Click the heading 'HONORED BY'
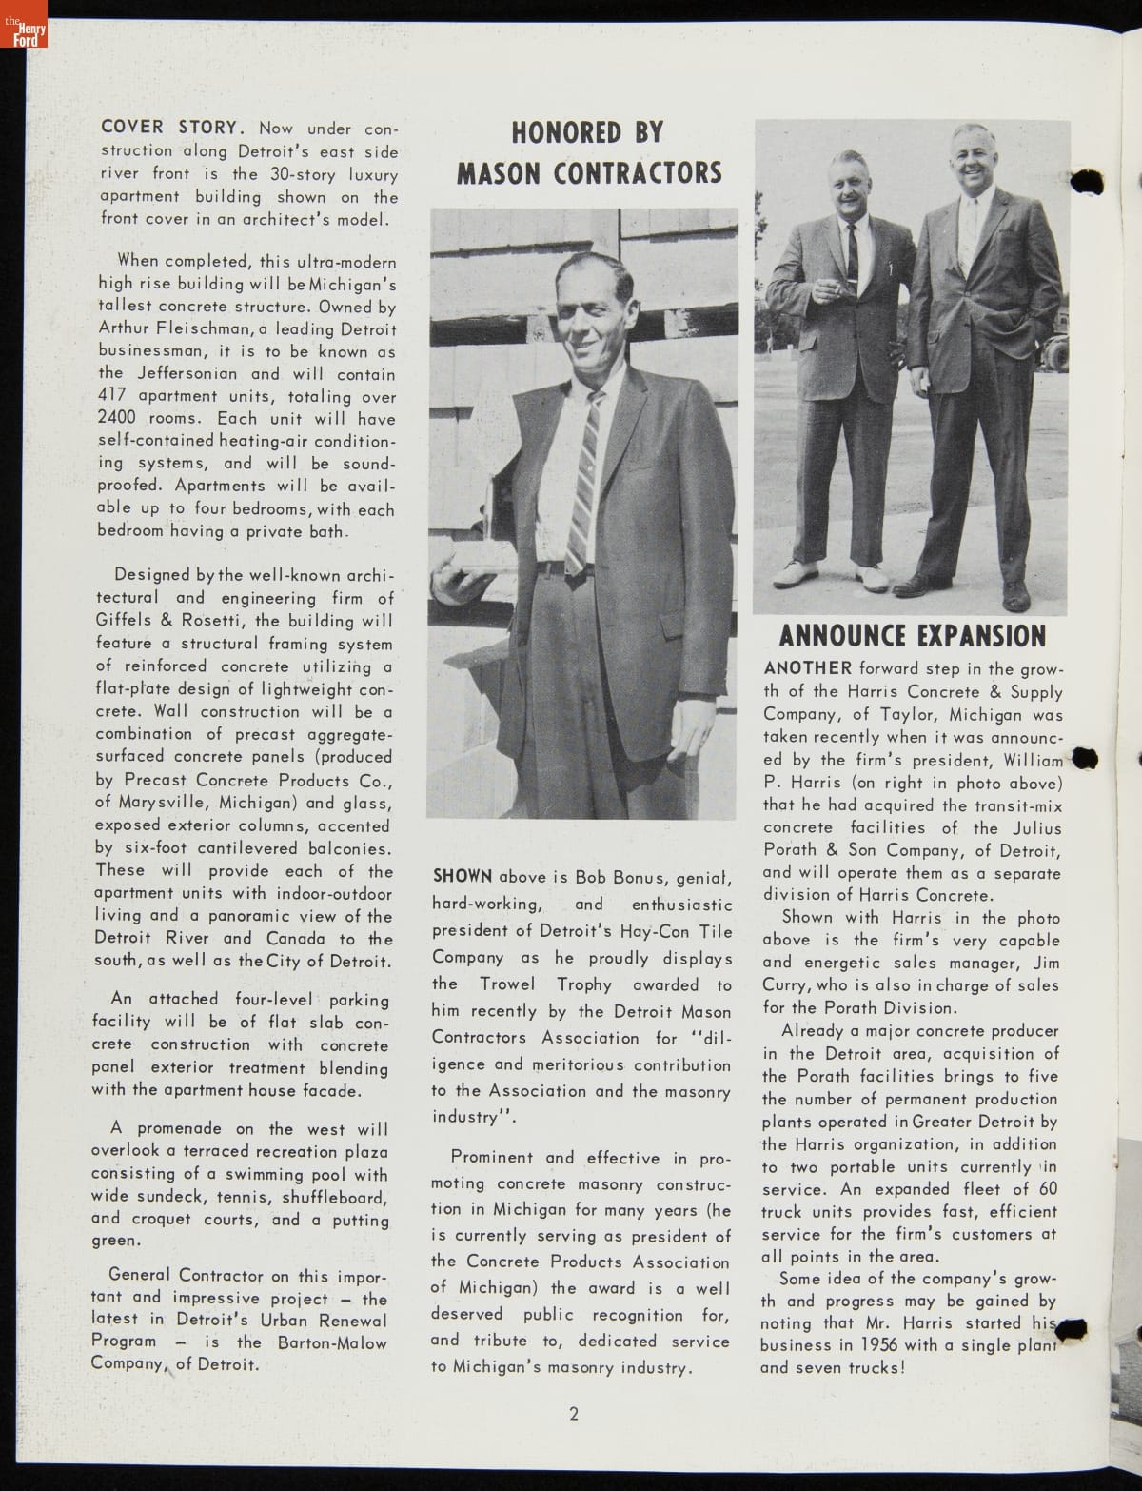(x=587, y=132)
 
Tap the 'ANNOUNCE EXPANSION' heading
(x=912, y=635)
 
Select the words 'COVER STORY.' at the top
(x=174, y=128)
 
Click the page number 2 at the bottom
(x=574, y=1413)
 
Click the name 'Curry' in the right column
(x=785, y=985)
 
